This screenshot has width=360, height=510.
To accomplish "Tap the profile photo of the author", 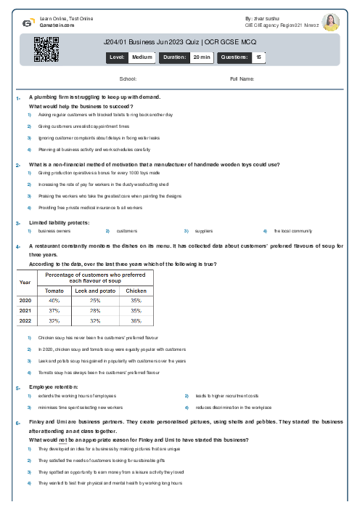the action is pos(330,23).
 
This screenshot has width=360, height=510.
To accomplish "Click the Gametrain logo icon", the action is pos(26,23).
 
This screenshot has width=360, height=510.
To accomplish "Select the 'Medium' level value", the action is pos(142,57).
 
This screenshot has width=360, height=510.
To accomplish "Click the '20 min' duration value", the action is pos(201,57).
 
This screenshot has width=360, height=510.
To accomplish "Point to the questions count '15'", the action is pos(258,57).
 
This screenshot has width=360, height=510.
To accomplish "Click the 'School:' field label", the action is pos(128,78).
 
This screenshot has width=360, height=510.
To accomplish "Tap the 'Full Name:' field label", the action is pos(242,78).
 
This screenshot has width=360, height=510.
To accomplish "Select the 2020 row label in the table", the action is pos(25,300).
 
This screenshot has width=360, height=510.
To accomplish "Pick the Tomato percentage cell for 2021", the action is pos(54,309).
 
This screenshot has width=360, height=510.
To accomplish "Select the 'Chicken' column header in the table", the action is pos(136,291).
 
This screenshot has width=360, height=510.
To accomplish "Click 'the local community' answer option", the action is pos(292,231).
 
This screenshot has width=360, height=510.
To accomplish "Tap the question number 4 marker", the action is pos(17,247).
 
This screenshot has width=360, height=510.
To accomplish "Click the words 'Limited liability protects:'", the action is pos(59,222).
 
